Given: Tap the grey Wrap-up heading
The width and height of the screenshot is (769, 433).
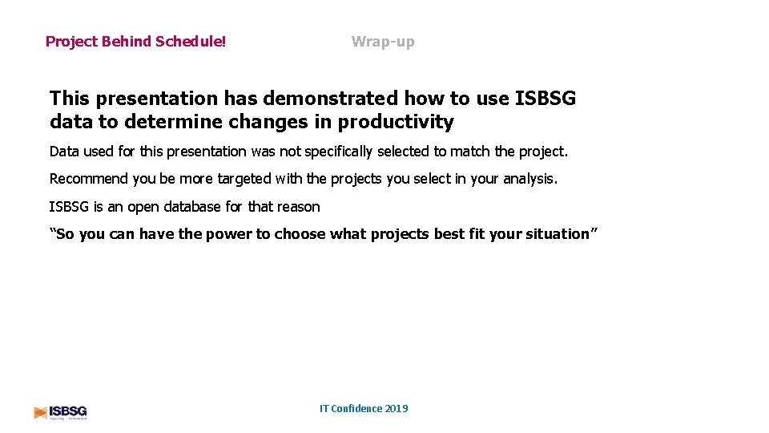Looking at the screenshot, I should [383, 42].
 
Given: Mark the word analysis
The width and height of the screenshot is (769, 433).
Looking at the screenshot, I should [528, 179].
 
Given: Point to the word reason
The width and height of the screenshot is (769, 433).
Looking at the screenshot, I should [298, 207].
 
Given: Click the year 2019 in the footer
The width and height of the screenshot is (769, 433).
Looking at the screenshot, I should [397, 409].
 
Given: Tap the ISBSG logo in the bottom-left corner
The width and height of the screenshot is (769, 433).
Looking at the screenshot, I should [61, 412].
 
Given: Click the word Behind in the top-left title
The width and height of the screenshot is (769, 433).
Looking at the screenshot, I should [126, 42].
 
